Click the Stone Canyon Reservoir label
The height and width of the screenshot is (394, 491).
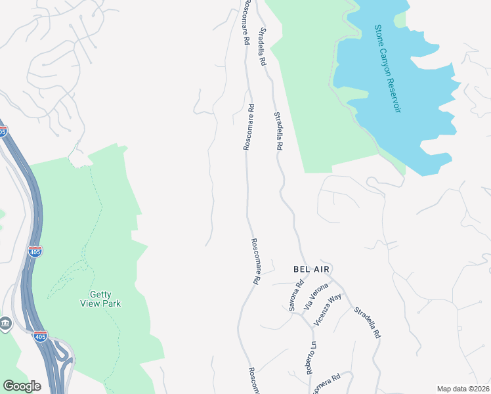(387, 68)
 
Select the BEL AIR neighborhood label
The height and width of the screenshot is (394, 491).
(310, 270)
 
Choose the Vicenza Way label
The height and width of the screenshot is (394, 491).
(328, 309)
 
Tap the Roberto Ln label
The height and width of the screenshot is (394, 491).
(312, 358)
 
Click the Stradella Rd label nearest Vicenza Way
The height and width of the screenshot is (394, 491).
(367, 322)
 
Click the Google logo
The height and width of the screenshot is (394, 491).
(22, 386)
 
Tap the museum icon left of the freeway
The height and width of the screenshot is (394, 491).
(5, 324)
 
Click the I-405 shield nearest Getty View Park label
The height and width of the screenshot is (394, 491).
(35, 252)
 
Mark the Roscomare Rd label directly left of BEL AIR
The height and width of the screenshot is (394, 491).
(255, 261)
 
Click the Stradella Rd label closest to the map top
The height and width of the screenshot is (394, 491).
(263, 46)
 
